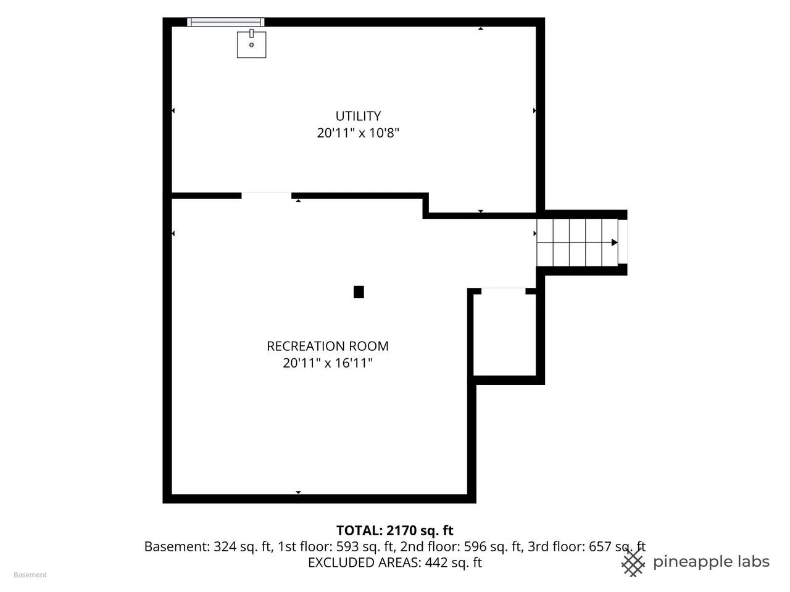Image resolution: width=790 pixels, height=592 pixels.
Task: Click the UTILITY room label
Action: pyautogui.click(x=358, y=116)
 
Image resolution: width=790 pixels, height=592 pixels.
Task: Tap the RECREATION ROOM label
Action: pyautogui.click(x=327, y=346)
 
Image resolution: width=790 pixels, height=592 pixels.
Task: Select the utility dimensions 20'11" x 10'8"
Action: pyautogui.click(x=358, y=133)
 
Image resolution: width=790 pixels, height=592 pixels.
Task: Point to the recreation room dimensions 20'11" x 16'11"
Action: pyautogui.click(x=327, y=363)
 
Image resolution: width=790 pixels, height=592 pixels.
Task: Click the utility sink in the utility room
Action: pyautogui.click(x=251, y=44)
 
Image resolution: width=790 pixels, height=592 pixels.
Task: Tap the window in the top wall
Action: pyautogui.click(x=225, y=22)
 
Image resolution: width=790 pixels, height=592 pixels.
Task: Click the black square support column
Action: pyautogui.click(x=359, y=292)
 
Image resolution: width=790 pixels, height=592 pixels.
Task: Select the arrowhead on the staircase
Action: pyautogui.click(x=614, y=242)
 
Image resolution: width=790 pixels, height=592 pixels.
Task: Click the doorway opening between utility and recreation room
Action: pyautogui.click(x=266, y=195)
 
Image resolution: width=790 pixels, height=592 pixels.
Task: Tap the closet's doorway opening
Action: pyautogui.click(x=503, y=291)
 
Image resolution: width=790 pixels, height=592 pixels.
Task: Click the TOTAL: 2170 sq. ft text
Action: pyautogui.click(x=394, y=530)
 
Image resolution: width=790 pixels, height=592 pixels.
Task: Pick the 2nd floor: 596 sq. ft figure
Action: pyautogui.click(x=461, y=546)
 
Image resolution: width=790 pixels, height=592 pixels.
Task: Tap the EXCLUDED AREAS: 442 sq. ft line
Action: pyautogui.click(x=394, y=562)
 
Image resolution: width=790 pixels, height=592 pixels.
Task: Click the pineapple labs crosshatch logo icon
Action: pyautogui.click(x=633, y=563)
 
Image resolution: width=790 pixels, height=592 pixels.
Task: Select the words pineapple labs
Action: pyautogui.click(x=711, y=562)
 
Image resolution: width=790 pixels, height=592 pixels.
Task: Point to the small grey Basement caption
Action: pyautogui.click(x=30, y=575)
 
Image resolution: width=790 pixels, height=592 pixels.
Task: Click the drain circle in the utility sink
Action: pyautogui.click(x=251, y=45)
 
